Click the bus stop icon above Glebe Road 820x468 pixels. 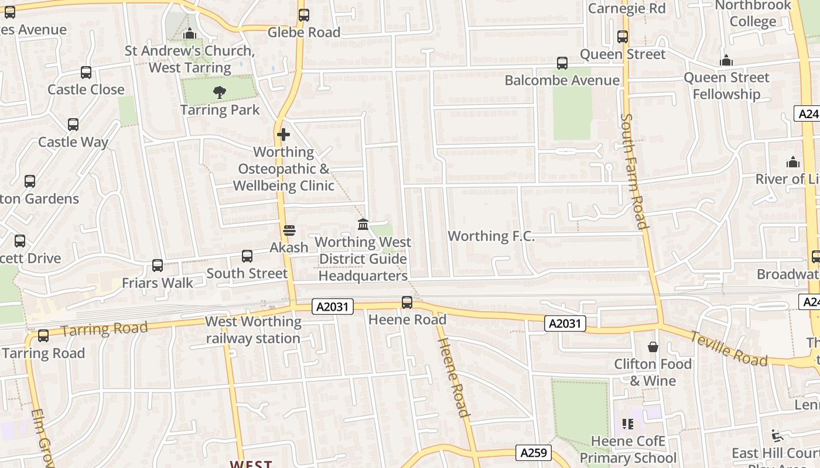pos(303,15)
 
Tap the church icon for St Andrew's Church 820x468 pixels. pos(189,35)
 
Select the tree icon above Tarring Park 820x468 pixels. pos(220,92)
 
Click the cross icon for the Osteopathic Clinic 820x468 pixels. pos(283,135)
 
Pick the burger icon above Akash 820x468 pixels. pos(288,230)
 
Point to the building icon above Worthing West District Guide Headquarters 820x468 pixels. pos(363,225)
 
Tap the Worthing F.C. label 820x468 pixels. pos(491,236)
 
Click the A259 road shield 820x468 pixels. pos(534,452)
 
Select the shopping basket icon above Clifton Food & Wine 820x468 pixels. pos(653,347)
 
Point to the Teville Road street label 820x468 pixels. pos(728,349)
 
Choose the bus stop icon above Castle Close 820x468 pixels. pos(86,73)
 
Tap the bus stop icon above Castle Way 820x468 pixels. pos(73,125)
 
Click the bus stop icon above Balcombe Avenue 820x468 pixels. pos(562,63)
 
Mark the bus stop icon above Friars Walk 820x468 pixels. pos(157,266)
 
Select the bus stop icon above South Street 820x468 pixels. pos(247,256)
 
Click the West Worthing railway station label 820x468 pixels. pos(253,330)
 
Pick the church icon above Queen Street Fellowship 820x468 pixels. pos(726,61)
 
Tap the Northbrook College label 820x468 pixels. pos(753,14)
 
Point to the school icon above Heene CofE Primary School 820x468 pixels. pos(628,424)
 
